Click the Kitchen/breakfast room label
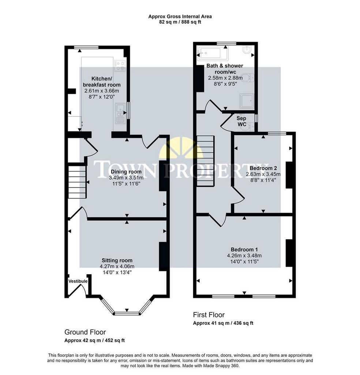click(102, 82)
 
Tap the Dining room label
click(126, 172)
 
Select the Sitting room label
click(117, 260)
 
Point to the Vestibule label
click(78, 281)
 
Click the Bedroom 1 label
click(244, 250)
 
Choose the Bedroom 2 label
click(263, 168)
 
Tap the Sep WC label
click(241, 121)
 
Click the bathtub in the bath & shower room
click(212, 53)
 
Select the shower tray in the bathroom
click(247, 101)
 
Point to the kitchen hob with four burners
click(120, 66)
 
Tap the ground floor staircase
click(77, 182)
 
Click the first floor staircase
click(205, 161)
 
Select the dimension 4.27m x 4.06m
click(117, 267)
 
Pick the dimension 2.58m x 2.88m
click(225, 78)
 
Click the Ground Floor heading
click(85, 332)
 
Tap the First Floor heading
click(209, 315)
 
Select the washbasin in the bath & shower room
click(247, 50)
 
